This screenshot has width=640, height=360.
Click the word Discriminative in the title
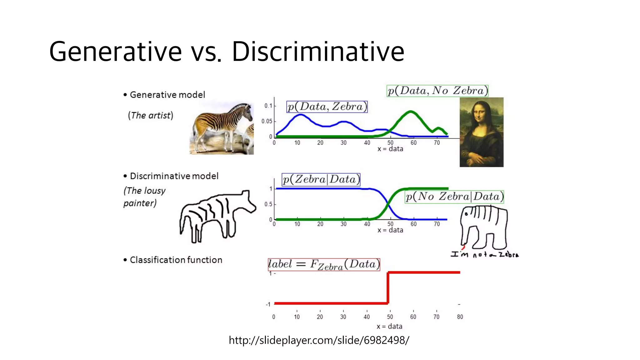(318, 52)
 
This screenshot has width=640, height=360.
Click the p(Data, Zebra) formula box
(327, 107)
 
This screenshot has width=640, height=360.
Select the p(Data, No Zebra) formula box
(437, 91)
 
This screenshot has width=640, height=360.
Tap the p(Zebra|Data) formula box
(321, 180)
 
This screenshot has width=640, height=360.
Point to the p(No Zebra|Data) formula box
(454, 197)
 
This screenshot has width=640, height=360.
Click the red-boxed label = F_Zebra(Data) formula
(324, 265)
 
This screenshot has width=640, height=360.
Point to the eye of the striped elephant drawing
(466, 214)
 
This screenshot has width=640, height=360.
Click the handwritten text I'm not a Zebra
(484, 254)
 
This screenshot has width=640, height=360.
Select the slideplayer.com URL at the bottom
(319, 340)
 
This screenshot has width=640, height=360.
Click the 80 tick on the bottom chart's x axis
(460, 317)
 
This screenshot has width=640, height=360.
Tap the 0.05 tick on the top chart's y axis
(267, 121)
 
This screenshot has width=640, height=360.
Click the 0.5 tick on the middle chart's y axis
(268, 204)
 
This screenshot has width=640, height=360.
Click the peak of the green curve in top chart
(411, 112)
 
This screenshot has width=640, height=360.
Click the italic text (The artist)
(150, 116)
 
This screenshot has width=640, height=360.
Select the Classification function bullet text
(176, 260)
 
